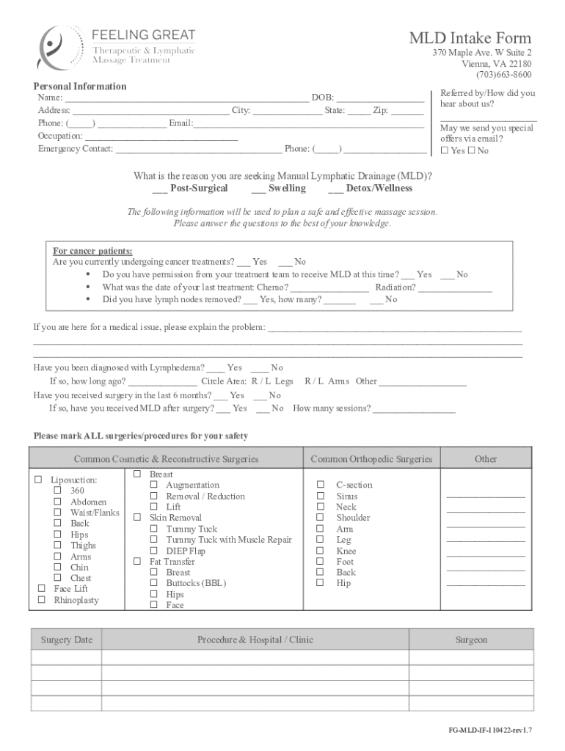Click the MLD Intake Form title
(x=470, y=38)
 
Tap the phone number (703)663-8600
(x=503, y=75)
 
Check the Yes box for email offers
(x=445, y=151)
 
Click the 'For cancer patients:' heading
(x=92, y=251)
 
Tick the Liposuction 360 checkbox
(x=57, y=491)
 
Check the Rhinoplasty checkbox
(x=41, y=601)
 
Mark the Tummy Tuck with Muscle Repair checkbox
(x=154, y=541)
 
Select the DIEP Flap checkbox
(x=154, y=552)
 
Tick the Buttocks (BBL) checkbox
(x=154, y=584)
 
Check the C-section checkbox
(x=321, y=486)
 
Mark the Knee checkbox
(x=321, y=552)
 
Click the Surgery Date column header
(x=66, y=640)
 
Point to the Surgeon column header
(x=470, y=640)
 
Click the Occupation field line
(x=161, y=136)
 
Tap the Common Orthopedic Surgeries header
(x=371, y=460)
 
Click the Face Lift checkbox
(x=41, y=589)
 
